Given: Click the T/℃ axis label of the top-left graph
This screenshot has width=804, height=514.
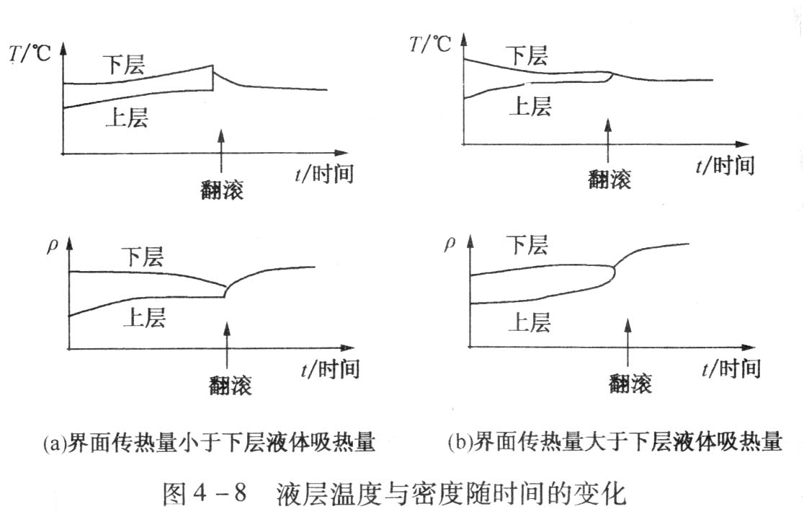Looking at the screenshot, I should click(31, 55).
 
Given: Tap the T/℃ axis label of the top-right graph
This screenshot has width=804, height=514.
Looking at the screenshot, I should click(430, 43).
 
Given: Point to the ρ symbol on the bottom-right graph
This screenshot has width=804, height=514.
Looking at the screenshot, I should click(450, 243).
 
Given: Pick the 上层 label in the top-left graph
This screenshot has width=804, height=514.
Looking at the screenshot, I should click(127, 117).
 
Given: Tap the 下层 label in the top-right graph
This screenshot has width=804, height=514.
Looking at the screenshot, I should click(526, 55).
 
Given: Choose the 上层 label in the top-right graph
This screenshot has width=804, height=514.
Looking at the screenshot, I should click(530, 106).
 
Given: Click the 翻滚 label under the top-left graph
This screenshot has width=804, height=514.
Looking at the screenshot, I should click(222, 190).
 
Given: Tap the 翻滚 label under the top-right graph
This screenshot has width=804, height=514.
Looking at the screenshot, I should click(609, 179).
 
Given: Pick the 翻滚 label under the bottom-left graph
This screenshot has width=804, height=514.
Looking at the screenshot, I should click(231, 385).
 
